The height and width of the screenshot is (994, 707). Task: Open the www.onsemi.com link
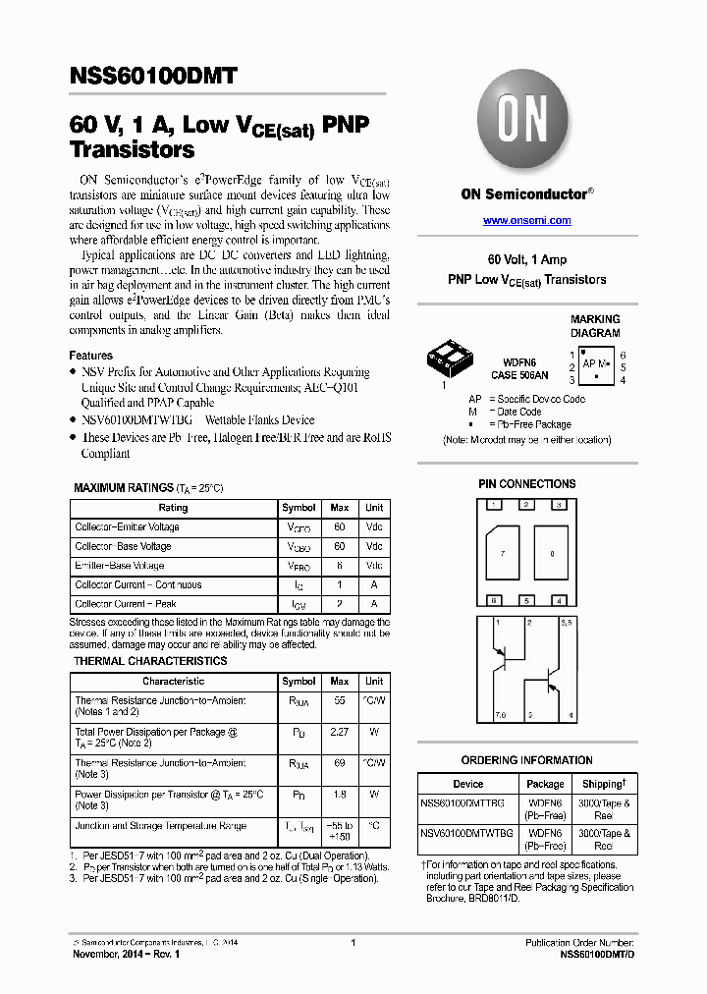[x=526, y=221]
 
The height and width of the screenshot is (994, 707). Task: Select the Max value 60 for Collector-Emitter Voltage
[x=339, y=527]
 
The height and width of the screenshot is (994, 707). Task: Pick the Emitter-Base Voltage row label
[x=120, y=566]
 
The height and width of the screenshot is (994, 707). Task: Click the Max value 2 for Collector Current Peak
[x=339, y=604]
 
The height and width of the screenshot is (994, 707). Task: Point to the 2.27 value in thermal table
[x=339, y=732]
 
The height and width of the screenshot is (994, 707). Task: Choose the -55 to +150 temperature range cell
[x=339, y=831]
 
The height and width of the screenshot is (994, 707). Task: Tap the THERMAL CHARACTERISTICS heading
[x=150, y=661]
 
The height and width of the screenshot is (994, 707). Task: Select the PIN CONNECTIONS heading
[x=526, y=484]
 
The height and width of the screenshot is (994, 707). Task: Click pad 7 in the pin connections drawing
[x=502, y=554]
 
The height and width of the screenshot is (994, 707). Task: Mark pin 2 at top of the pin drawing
[x=527, y=505]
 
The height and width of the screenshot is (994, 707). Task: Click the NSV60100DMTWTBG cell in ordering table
[x=468, y=833]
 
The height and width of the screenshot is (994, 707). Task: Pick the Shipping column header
[x=603, y=784]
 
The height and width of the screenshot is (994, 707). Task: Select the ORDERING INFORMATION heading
[x=526, y=760]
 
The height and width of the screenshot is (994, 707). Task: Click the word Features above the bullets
[x=90, y=356]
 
